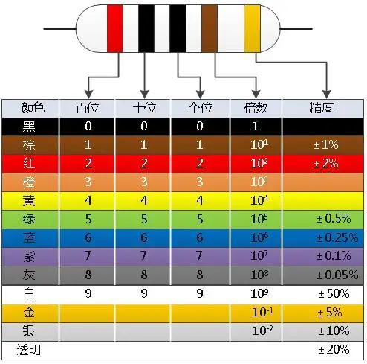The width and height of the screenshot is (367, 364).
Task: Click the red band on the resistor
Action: (x=115, y=28)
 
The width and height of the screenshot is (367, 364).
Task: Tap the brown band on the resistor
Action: (x=210, y=28)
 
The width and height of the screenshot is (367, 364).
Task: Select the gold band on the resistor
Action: (x=252, y=28)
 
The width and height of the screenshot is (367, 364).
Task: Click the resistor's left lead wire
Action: (x=59, y=28)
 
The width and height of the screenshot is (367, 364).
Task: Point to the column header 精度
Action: (x=322, y=108)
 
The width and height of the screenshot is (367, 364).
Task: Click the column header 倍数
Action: (x=256, y=108)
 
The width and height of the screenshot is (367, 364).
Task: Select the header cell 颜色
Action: (x=33, y=108)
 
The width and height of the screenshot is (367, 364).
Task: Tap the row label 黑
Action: (x=29, y=127)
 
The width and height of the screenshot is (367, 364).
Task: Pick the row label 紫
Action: (x=29, y=256)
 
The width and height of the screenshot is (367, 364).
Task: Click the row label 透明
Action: (x=29, y=350)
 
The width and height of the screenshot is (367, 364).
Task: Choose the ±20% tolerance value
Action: (x=334, y=350)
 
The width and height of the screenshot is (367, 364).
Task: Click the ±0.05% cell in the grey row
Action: (x=337, y=275)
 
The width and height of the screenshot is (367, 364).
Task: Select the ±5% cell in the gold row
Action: (x=330, y=313)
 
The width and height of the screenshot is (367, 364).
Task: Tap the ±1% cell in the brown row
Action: (x=326, y=145)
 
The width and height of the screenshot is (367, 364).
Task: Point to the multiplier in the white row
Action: (x=259, y=293)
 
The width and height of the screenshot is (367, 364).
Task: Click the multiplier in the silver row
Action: (x=262, y=331)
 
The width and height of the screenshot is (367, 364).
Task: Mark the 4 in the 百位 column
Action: (x=88, y=200)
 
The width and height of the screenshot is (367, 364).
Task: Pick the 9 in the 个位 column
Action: (x=200, y=293)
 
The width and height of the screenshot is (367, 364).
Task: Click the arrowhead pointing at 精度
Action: (x=327, y=95)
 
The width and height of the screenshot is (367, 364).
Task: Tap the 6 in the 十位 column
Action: (x=144, y=237)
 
